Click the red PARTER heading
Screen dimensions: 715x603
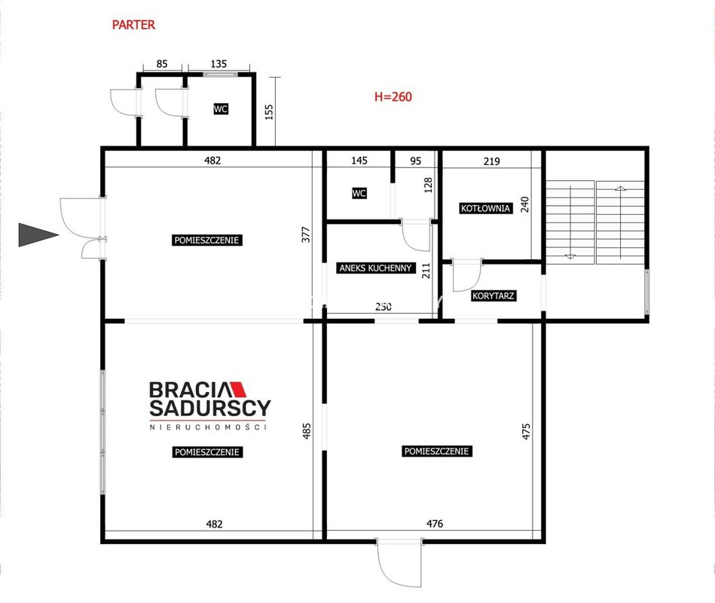click(x=133, y=25)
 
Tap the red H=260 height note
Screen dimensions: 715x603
click(x=393, y=96)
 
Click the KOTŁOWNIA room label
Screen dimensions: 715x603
click(x=485, y=209)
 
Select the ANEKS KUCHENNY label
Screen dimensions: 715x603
click(x=375, y=268)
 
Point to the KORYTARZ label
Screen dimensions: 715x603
click(x=493, y=295)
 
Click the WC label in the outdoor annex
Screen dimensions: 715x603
click(x=221, y=109)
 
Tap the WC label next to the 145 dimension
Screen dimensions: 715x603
click(x=359, y=194)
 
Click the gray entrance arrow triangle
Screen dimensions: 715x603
click(x=38, y=235)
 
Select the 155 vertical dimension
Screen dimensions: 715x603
click(x=269, y=112)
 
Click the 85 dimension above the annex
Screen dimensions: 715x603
click(x=162, y=64)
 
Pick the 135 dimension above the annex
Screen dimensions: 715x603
click(x=218, y=64)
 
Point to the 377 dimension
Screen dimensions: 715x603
click(x=306, y=234)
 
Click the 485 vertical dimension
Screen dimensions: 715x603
click(x=307, y=431)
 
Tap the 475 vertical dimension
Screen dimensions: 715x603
click(x=526, y=431)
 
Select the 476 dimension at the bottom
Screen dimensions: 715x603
click(x=435, y=524)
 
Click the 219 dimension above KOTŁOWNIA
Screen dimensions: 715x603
click(x=491, y=161)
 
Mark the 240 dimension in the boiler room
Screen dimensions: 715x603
click(x=525, y=204)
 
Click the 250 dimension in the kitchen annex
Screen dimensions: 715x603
click(x=383, y=307)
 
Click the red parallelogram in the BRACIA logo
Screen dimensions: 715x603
click(x=237, y=389)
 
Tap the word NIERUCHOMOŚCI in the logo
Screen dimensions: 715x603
click(x=209, y=427)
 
